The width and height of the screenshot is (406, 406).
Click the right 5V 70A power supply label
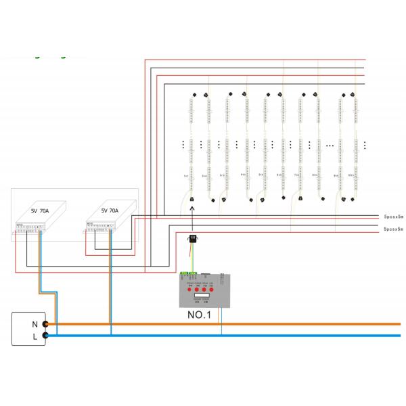point(110,210)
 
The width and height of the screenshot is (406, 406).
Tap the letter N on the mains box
point(35,324)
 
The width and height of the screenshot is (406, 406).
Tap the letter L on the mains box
point(35,335)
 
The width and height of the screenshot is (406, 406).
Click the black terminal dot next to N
point(45,324)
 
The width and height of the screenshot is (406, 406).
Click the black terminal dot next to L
point(45,335)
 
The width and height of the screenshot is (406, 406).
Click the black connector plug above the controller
point(192,239)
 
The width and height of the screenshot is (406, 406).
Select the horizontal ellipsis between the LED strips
point(330,144)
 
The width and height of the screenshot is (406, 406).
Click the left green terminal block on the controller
point(183,275)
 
